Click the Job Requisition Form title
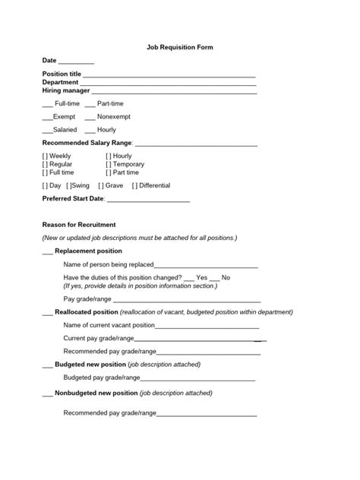(180, 47)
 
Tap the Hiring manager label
(61, 90)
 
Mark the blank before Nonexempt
(90, 118)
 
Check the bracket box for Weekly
(45, 156)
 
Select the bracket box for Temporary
(108, 164)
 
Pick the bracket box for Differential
(134, 185)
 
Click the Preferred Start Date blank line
(148, 200)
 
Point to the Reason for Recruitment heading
(79, 225)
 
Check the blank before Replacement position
(47, 252)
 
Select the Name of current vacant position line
(205, 326)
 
